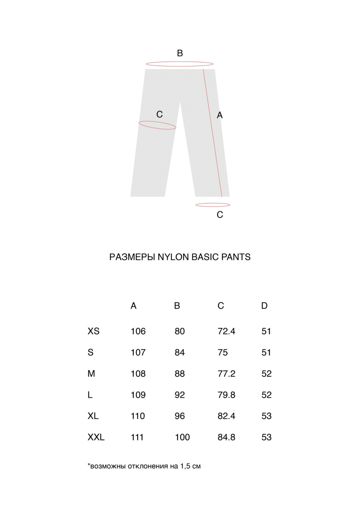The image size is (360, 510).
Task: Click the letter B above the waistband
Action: [x=180, y=53]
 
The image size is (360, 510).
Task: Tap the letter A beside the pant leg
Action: [x=219, y=115]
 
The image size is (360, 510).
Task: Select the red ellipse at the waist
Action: [x=180, y=64]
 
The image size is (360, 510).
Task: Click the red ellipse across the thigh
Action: [x=157, y=126]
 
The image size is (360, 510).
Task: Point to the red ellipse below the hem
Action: [x=213, y=205]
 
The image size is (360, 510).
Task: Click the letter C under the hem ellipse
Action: [x=220, y=215]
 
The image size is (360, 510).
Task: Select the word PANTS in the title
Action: [x=237, y=257]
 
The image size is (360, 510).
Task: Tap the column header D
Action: [x=264, y=306]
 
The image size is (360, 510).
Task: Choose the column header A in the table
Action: [x=133, y=306]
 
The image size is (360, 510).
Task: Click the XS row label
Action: [x=94, y=331]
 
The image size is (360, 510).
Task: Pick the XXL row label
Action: [x=96, y=437]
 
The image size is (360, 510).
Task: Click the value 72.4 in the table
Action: [x=227, y=331]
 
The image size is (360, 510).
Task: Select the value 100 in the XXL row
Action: [x=182, y=437]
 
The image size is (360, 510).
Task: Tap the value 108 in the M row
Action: [x=138, y=374]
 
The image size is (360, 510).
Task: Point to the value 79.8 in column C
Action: [x=227, y=395]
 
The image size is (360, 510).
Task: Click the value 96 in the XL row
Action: [x=180, y=416]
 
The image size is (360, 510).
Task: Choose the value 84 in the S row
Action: [x=180, y=353]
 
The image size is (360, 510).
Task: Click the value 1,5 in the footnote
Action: [x=186, y=466]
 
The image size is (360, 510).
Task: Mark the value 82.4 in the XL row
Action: [x=227, y=416]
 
